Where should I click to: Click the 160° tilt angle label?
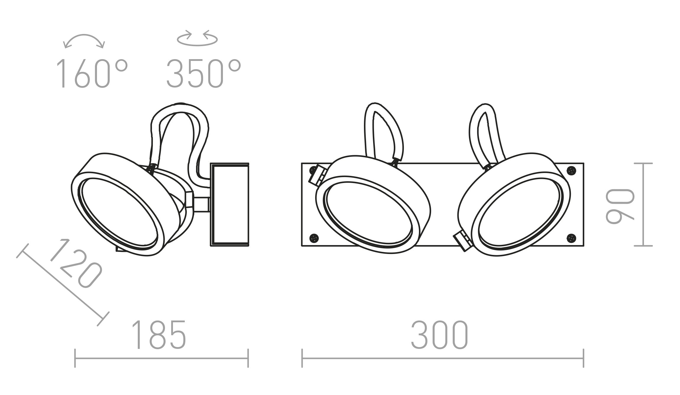click(x=92, y=74)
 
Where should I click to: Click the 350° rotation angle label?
click(x=203, y=74)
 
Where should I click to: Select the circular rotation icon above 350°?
click(x=197, y=38)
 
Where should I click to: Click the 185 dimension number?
click(x=159, y=334)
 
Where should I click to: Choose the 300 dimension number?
click(x=440, y=334)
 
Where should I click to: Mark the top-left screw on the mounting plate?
click(x=313, y=170)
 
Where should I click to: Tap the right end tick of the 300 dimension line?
click(x=583, y=358)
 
